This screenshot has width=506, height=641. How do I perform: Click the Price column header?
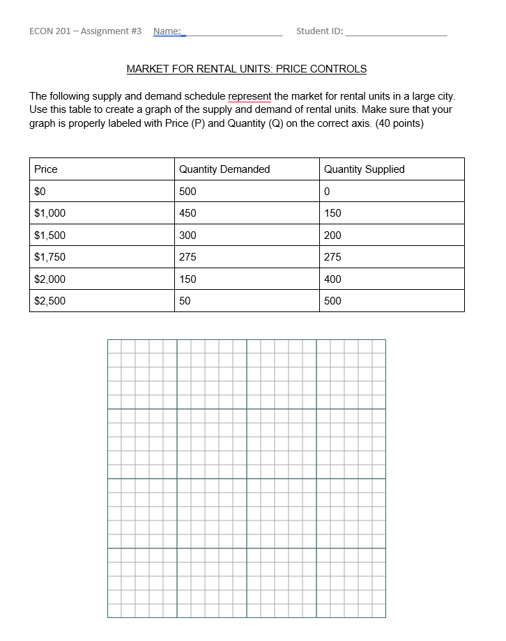pos(46,169)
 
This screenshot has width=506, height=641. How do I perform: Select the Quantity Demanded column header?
pos(224,169)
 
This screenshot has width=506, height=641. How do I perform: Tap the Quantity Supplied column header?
pos(364,169)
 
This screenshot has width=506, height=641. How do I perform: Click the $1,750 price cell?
pos(49,257)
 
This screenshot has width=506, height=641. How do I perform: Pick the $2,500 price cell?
pos(49,301)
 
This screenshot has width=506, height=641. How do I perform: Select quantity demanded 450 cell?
pos(187,213)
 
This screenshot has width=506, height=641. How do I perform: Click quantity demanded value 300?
pos(187,235)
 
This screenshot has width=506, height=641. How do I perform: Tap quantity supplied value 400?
pos(332,279)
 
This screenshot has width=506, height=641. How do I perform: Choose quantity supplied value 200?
pos(332,235)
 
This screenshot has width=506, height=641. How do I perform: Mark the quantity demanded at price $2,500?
pos(185,301)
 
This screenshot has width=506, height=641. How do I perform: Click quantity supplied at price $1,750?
pos(332,257)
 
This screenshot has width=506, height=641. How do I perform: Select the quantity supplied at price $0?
pos(327,192)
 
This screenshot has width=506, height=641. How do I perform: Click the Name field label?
pos(167,31)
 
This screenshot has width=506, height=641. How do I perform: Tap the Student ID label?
pos(319,31)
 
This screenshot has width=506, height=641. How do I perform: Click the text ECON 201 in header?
pos(50,31)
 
